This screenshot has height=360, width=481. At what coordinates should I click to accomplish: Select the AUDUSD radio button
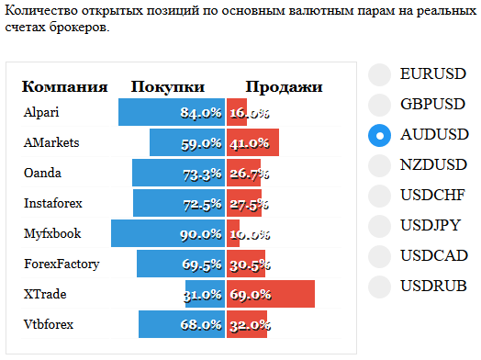pyautogui.click(x=379, y=135)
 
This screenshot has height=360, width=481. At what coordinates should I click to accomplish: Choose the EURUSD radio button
pyautogui.click(x=379, y=74)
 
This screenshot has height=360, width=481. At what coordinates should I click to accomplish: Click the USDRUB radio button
pyautogui.click(x=379, y=287)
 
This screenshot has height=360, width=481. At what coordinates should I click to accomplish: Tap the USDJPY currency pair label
pyautogui.click(x=431, y=225)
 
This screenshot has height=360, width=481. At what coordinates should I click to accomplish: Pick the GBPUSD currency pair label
pyautogui.click(x=433, y=104)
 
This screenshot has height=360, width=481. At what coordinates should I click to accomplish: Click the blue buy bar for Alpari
pyautogui.click(x=172, y=112)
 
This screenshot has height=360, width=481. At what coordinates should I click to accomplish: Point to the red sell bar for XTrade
pyautogui.click(x=271, y=294)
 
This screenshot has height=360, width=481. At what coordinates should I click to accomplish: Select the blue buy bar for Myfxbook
pyautogui.click(x=168, y=233)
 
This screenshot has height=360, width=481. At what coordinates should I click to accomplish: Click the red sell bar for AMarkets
pyautogui.click(x=252, y=142)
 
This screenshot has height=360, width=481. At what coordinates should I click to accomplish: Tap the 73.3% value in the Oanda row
pyautogui.click(x=202, y=174)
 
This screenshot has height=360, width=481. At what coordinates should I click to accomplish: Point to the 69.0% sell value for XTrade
pyautogui.click(x=251, y=295)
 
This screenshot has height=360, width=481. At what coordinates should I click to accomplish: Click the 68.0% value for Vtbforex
pyautogui.click(x=201, y=325)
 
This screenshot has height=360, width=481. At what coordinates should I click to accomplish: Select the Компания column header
pyautogui.click(x=65, y=87)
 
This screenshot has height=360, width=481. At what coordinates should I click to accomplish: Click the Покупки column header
pyautogui.click(x=168, y=87)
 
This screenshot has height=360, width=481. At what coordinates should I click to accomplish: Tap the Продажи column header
pyautogui.click(x=284, y=87)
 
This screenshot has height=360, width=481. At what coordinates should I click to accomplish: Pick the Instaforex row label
pyautogui.click(x=53, y=203)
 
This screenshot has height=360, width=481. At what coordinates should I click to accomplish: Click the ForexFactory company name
pyautogui.click(x=62, y=264)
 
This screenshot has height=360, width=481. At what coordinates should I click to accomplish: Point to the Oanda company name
pyautogui.click(x=42, y=173)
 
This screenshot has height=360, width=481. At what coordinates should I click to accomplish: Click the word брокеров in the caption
pyautogui.click(x=79, y=28)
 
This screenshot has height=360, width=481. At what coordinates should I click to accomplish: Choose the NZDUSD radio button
pyautogui.click(x=379, y=165)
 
